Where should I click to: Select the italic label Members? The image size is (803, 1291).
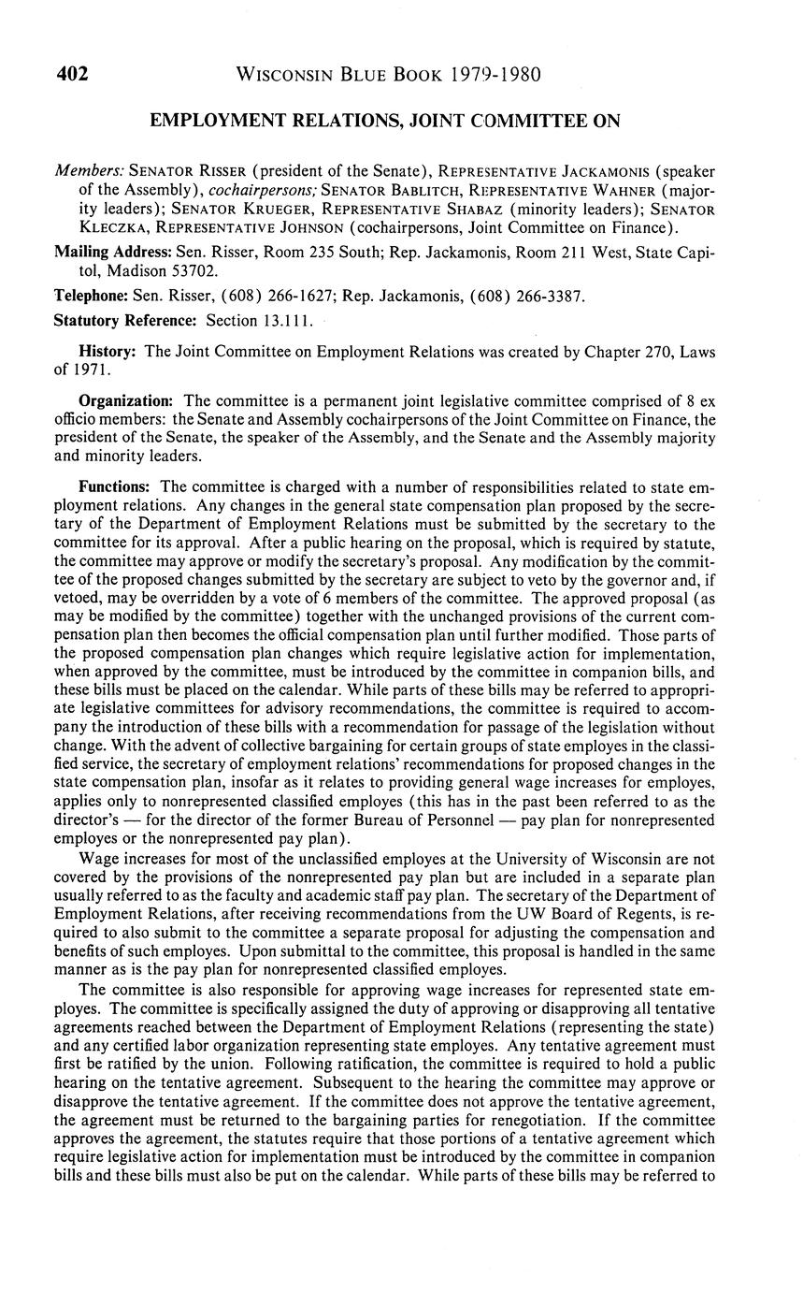pyautogui.click(x=89, y=171)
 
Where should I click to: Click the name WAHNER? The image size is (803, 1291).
pyautogui.click(x=630, y=191)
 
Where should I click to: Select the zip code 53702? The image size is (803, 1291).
pyautogui.click(x=194, y=271)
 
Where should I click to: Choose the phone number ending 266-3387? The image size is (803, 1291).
pyautogui.click(x=550, y=296)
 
